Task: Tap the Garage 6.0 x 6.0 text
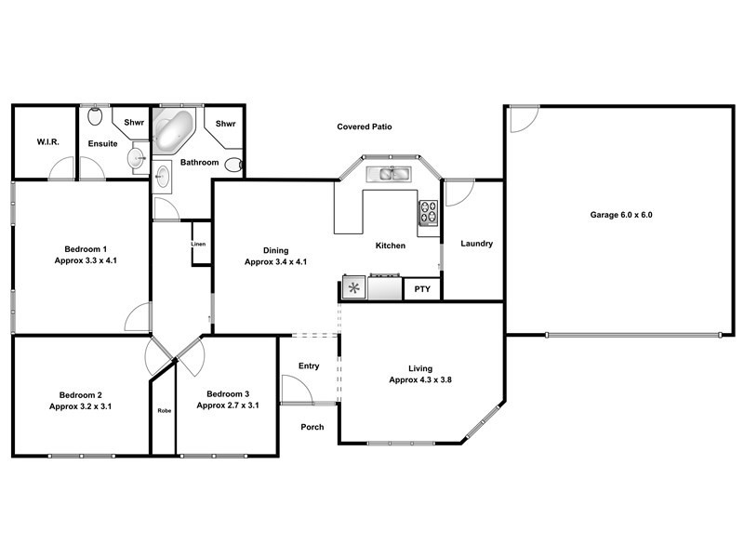tap(621, 215)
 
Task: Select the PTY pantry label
tap(422, 289)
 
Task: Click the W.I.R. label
tap(48, 142)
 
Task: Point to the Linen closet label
tap(198, 244)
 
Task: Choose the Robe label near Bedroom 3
tap(164, 410)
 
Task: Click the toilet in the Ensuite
tap(96, 116)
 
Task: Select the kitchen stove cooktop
tap(429, 214)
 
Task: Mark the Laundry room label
tap(476, 245)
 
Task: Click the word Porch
tap(312, 428)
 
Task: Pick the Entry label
tap(309, 366)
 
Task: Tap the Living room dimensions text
tap(420, 380)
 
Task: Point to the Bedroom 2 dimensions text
tap(81, 406)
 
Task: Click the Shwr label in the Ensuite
tap(134, 122)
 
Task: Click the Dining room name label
tap(275, 250)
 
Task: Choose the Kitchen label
tap(391, 246)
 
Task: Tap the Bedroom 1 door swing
tap(137, 316)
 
